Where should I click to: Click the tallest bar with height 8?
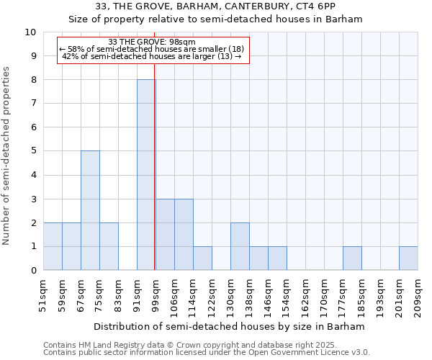pyautogui.click(x=146, y=175)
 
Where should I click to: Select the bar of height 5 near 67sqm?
pyautogui.click(x=90, y=210)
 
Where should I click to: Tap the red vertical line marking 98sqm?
pyautogui.click(x=155, y=180)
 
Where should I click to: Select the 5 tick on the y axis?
pyautogui.click(x=33, y=151)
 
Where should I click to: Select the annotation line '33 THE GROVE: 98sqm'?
pyautogui.click(x=152, y=42)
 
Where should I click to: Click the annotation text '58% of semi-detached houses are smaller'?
pyautogui.click(x=152, y=49)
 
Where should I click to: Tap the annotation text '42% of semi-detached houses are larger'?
pyautogui.click(x=152, y=56)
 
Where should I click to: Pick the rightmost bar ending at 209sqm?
pyautogui.click(x=408, y=258)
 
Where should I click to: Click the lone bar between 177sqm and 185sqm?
pyautogui.click(x=352, y=258)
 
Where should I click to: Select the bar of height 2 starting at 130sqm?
pyautogui.click(x=240, y=246)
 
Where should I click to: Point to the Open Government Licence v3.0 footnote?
pyautogui.click(x=207, y=353)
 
